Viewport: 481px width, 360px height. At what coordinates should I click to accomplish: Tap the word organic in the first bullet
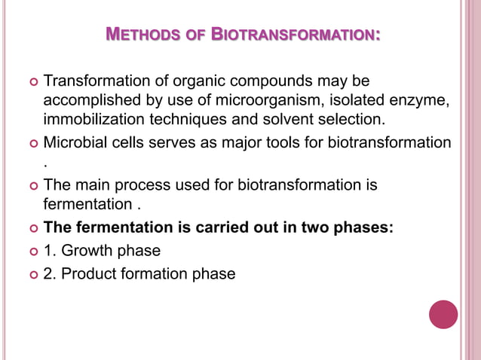coord(180,81)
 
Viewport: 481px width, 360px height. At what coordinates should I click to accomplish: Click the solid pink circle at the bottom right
coord(443,314)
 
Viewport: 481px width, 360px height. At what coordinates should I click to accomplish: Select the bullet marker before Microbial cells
coord(31,143)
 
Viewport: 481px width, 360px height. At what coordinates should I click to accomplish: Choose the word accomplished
coord(90,100)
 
